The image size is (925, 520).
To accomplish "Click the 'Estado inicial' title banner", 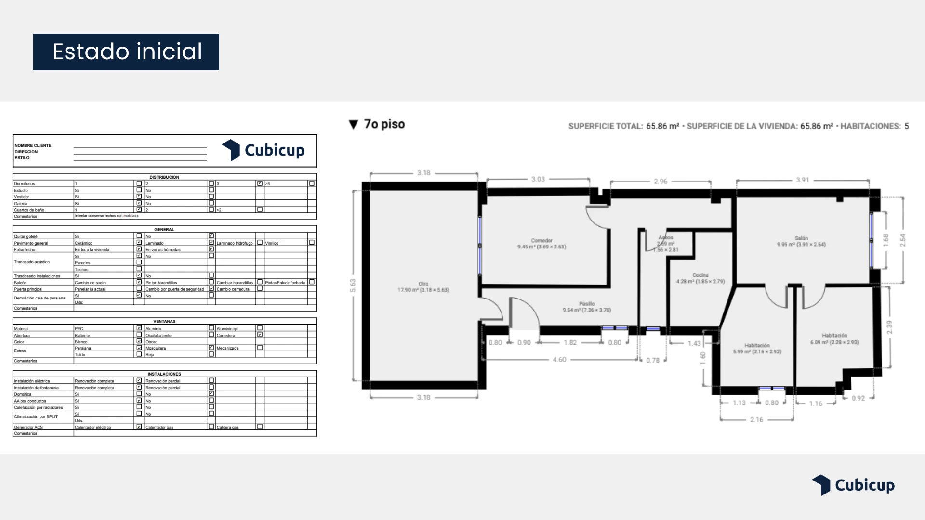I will [x=126, y=52].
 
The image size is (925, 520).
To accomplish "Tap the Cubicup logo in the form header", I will [x=263, y=150].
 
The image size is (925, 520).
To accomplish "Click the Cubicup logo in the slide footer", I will [x=853, y=485].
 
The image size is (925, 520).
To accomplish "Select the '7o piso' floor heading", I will [x=377, y=124].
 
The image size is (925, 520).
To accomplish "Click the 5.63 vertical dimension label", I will [x=353, y=286].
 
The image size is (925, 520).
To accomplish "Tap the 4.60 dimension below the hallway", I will [x=559, y=360].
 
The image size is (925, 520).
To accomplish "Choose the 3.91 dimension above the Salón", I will [x=802, y=180].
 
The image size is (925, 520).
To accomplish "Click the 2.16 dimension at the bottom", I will [x=756, y=420].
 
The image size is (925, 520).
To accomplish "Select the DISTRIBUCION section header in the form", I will [x=164, y=177].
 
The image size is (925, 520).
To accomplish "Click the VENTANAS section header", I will [x=164, y=321].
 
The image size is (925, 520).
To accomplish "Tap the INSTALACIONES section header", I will [x=164, y=374].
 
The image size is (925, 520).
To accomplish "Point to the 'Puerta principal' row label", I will [x=28, y=289].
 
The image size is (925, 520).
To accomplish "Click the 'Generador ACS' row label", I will [x=28, y=427].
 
